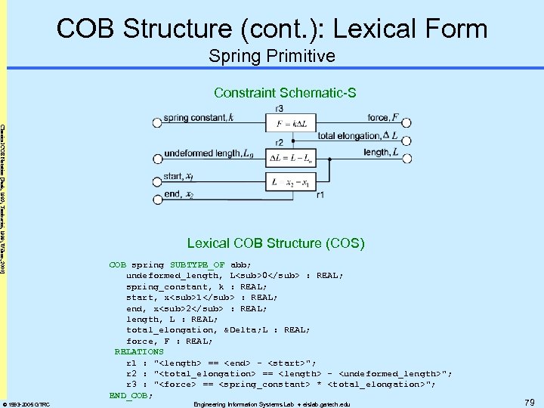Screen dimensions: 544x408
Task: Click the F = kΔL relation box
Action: (286, 124)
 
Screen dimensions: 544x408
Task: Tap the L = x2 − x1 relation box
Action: (286, 183)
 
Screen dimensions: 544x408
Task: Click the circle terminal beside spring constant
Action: (156, 119)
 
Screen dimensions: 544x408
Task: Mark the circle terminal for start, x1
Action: (156, 178)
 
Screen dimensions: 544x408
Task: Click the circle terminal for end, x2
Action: (156, 195)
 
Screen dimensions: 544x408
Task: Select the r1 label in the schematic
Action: (320, 194)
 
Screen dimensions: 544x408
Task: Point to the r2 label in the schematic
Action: (279, 142)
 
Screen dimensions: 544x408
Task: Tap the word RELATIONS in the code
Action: (139, 351)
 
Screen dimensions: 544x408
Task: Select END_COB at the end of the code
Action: (130, 395)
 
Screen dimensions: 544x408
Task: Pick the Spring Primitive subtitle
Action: (272, 57)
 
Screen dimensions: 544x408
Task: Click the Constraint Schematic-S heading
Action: (284, 93)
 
